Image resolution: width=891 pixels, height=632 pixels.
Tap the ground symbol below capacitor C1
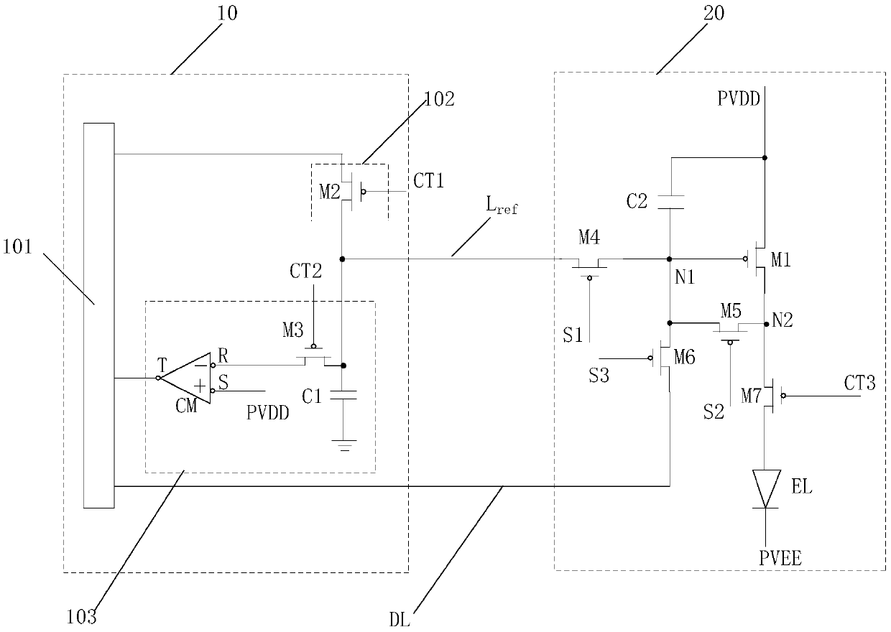[x=344, y=445]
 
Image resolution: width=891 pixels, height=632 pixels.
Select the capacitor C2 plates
[x=670, y=202]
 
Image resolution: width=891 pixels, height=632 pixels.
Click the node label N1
[x=685, y=276]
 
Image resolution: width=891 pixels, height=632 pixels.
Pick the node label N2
[x=782, y=320]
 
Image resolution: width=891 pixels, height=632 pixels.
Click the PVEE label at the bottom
[x=780, y=558]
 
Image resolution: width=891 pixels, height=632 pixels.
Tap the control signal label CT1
[x=428, y=181]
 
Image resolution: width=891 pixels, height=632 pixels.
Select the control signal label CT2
[x=305, y=271]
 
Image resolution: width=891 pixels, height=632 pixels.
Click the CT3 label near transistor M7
[x=859, y=383]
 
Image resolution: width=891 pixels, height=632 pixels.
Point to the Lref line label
[x=502, y=205]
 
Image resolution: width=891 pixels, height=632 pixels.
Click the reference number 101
[x=17, y=246]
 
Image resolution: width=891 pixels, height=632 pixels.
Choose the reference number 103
[x=81, y=617]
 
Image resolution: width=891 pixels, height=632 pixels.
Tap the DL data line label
[x=400, y=619]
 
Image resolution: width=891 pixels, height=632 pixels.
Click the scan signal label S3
[x=599, y=375]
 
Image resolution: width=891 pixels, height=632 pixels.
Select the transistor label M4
[x=589, y=237]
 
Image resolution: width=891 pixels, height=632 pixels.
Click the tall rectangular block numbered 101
[x=98, y=315]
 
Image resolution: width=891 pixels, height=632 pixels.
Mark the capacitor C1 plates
[x=343, y=395]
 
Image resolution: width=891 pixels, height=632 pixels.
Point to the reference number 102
[x=439, y=98]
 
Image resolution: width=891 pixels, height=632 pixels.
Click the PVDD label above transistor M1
[x=739, y=98]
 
